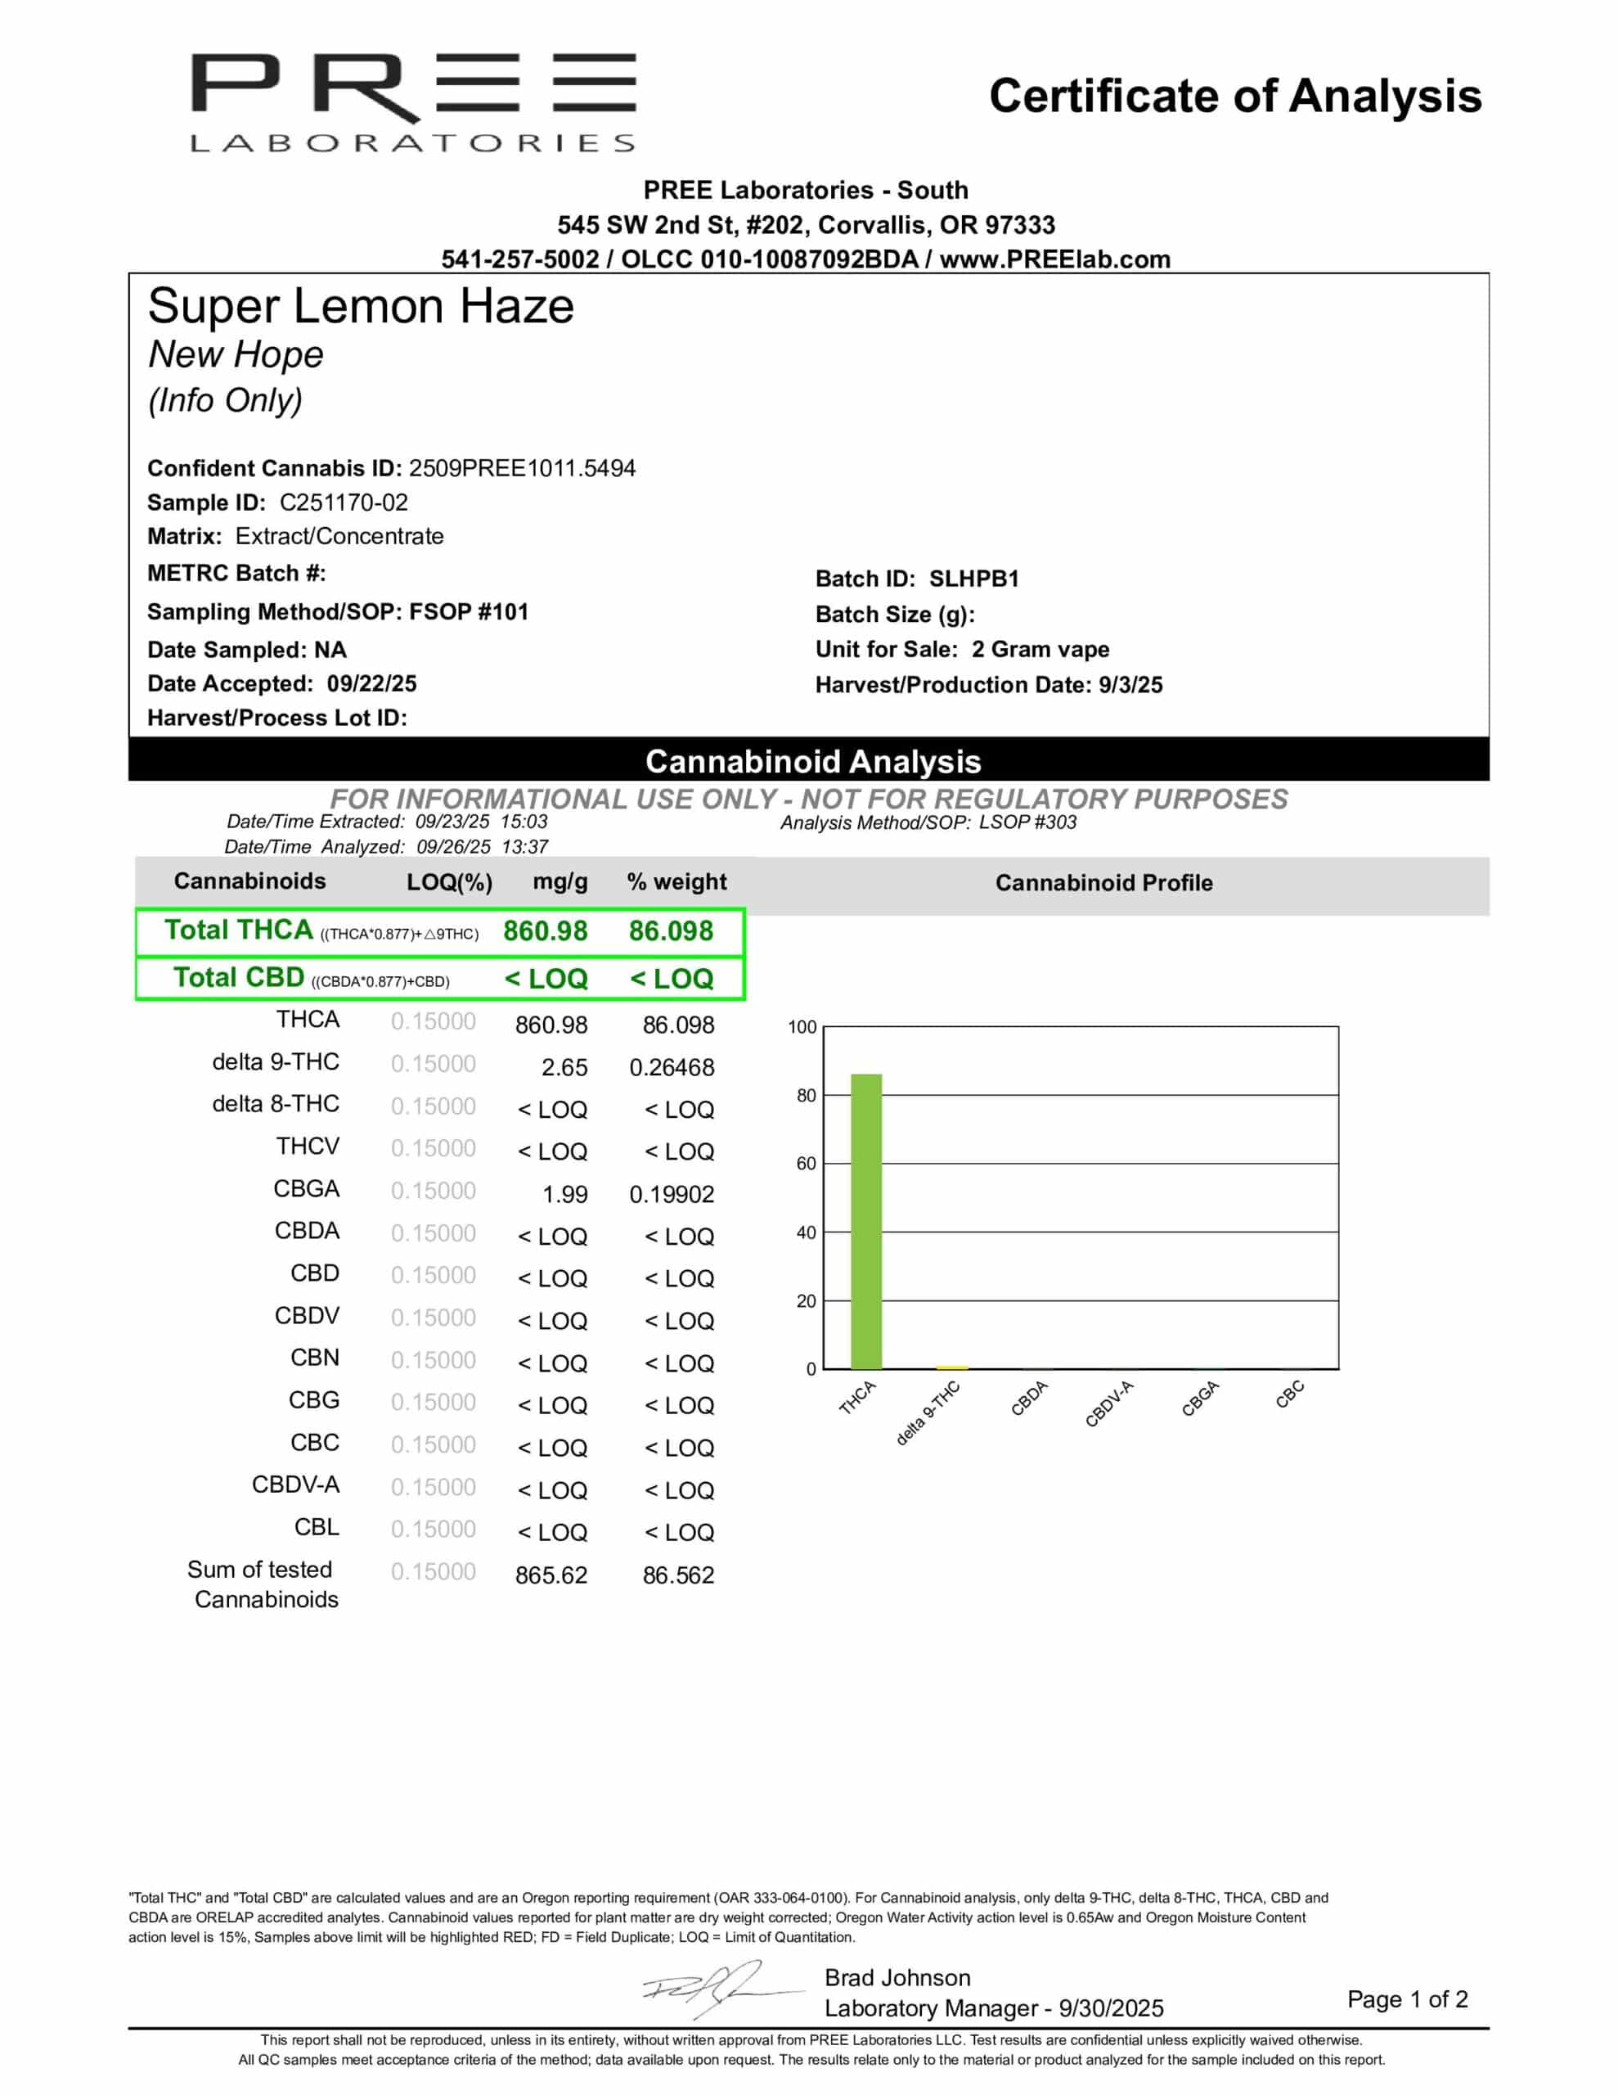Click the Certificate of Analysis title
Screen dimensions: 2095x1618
click(x=1234, y=96)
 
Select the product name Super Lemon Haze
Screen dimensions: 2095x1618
click(x=361, y=307)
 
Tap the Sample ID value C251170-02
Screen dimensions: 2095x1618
click(x=344, y=502)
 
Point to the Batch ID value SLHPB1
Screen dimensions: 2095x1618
click(x=973, y=579)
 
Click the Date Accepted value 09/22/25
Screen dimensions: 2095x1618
click(x=371, y=684)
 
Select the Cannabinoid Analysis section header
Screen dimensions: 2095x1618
click(x=812, y=761)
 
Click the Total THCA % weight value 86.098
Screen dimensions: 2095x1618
click(x=671, y=930)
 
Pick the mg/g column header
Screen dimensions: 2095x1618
click(x=560, y=881)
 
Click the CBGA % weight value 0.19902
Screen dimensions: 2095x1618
click(x=672, y=1194)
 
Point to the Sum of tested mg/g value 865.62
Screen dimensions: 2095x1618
click(x=551, y=1575)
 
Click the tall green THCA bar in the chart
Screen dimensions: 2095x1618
click(x=866, y=1220)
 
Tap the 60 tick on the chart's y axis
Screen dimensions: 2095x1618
click(x=806, y=1164)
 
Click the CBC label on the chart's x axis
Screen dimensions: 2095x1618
click(x=1289, y=1394)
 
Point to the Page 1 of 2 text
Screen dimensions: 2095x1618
click(x=1407, y=1999)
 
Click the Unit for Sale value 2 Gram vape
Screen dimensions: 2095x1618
click(x=1040, y=650)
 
